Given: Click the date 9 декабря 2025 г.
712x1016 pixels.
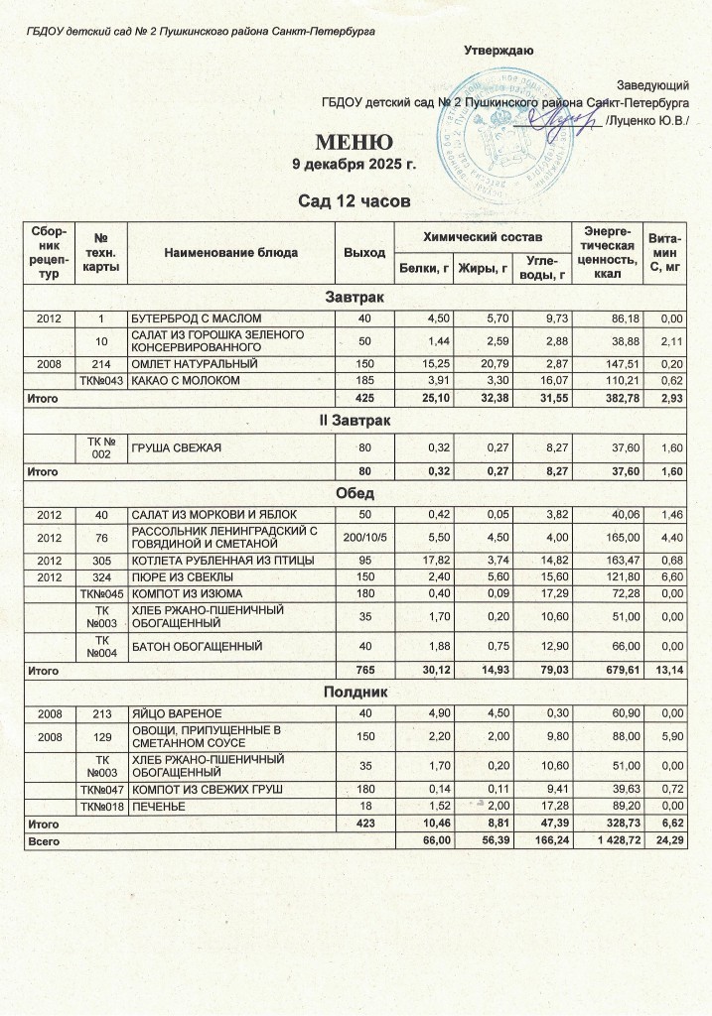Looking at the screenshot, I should tap(355, 163).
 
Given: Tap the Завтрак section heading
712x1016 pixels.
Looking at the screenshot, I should tap(356, 297).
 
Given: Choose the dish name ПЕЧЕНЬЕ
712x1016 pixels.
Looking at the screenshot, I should tap(162, 807).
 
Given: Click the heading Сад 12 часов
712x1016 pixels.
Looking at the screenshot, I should tap(355, 202).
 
